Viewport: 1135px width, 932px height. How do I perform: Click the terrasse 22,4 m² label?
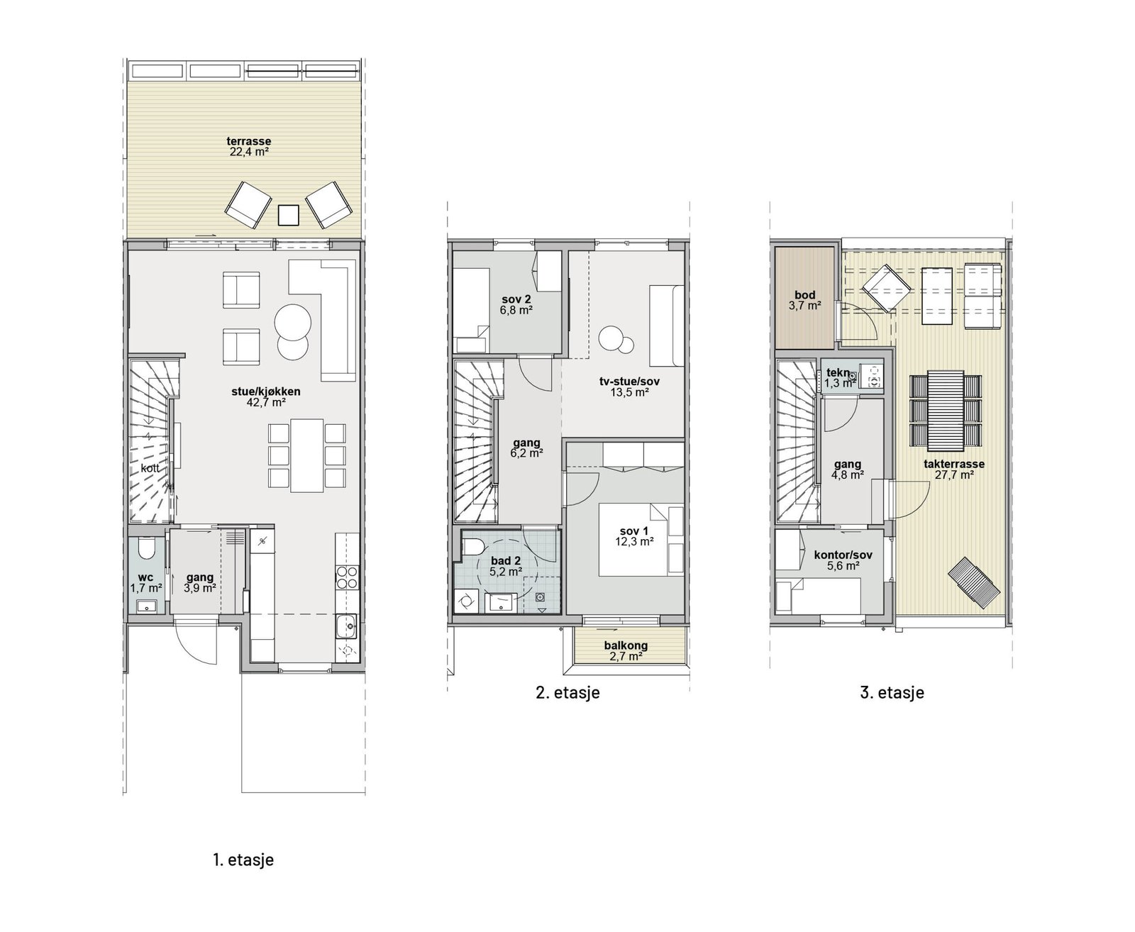coord(248,146)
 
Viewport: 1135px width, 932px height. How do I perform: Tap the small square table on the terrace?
coord(288,215)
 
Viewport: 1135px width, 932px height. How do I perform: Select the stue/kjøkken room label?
coord(266,396)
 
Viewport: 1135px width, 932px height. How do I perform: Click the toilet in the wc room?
coord(146,548)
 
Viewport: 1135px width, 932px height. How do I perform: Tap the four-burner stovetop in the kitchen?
coord(347,577)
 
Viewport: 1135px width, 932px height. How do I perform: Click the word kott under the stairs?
coord(150,468)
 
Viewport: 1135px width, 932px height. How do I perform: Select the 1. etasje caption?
coord(243,860)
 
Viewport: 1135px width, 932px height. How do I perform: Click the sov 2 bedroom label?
coord(516,304)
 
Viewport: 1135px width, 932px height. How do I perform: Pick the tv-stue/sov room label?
coord(629,387)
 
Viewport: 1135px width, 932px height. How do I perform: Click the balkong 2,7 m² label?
coord(626,651)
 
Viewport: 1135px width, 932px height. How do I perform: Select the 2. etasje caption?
coord(567,692)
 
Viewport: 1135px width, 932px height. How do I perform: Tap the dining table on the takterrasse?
coord(946,410)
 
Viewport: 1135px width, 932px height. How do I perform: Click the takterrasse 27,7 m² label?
coord(953,470)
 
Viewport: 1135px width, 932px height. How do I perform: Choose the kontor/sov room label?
coord(843,560)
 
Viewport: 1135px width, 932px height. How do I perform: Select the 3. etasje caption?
coord(892,692)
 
